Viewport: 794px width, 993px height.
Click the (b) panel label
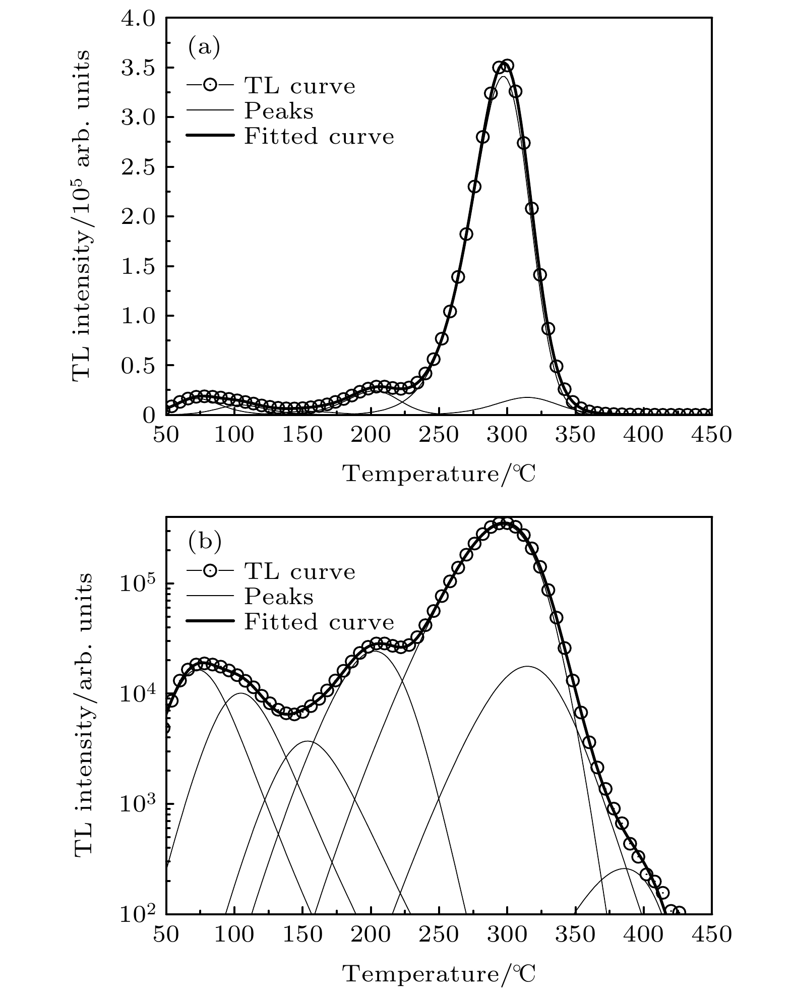point(204,542)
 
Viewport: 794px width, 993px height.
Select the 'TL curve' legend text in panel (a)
point(299,86)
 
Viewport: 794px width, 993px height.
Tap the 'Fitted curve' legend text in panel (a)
point(319,137)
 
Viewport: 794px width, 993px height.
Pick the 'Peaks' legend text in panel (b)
point(278,597)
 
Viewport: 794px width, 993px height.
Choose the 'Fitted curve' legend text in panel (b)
point(319,622)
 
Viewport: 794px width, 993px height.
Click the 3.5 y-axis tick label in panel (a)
point(139,68)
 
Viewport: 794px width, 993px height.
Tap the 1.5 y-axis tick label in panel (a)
point(139,266)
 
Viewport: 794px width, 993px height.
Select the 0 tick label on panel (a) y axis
point(149,415)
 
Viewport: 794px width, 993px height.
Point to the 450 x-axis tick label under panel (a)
point(711,435)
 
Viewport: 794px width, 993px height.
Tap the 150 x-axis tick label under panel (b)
point(302,934)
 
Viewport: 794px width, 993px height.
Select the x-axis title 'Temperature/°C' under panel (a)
point(439,474)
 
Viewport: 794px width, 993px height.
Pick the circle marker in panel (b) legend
point(210,572)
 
